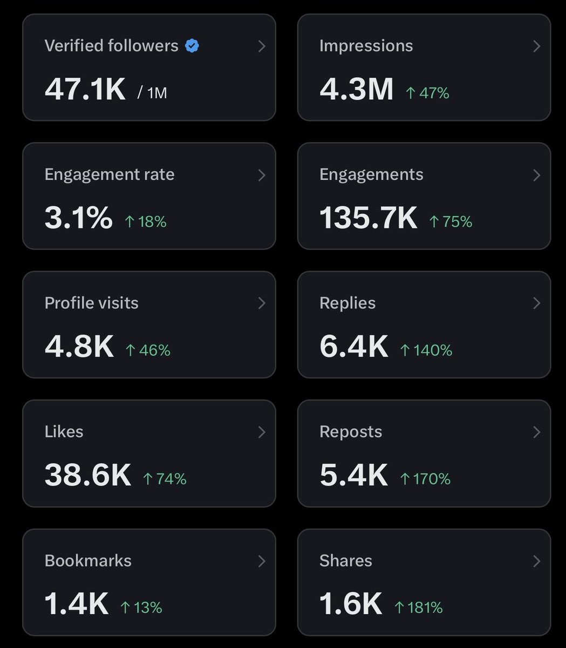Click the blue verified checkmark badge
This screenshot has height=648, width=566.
point(192,46)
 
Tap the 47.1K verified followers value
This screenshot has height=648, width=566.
point(85,89)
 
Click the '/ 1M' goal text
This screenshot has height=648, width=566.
point(152,93)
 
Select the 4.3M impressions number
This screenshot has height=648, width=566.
point(356,89)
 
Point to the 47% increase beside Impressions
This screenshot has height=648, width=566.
point(427,93)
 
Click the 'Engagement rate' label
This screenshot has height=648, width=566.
point(110,174)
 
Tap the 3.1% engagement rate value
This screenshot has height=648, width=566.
point(78,218)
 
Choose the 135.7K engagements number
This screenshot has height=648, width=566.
point(368,218)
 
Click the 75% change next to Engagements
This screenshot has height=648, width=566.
point(451,221)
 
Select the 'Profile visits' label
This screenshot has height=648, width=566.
point(91,303)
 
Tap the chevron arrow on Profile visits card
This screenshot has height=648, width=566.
point(262,303)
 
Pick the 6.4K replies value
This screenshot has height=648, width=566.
point(353,346)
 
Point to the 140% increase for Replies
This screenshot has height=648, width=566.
point(426,350)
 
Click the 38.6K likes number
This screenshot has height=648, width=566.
point(87,475)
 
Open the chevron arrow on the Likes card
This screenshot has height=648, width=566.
point(262,431)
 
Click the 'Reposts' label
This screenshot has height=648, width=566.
point(351,431)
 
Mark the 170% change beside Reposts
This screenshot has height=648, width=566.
point(425,478)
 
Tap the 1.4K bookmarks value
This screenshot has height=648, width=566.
point(76,604)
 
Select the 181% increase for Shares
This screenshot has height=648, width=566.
point(419,607)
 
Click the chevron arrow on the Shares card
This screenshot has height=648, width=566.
point(536,561)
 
